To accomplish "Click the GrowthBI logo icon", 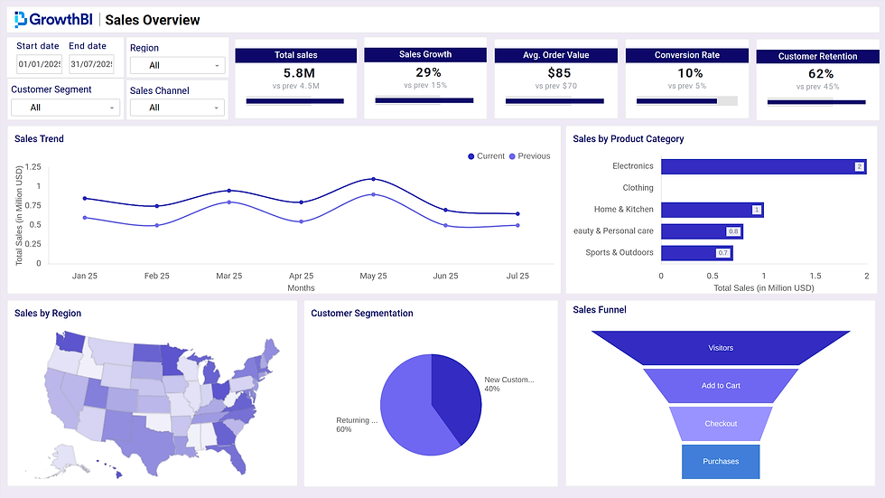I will (20, 20).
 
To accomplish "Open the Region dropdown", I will (177, 65).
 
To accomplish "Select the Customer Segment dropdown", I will (65, 108).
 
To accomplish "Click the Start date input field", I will (39, 64).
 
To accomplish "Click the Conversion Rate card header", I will (686, 55).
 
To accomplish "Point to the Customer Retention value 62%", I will (820, 74).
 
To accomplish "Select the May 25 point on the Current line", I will (373, 179).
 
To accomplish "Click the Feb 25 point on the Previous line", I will (156, 225).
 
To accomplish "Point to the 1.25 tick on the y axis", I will (33, 167).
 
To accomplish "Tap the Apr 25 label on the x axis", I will (301, 276).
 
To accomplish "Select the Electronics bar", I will (763, 166).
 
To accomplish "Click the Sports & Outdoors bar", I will (696, 253).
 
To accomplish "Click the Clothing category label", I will (638, 188).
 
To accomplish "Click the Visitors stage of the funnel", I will (721, 348).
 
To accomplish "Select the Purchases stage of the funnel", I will (721, 461).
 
